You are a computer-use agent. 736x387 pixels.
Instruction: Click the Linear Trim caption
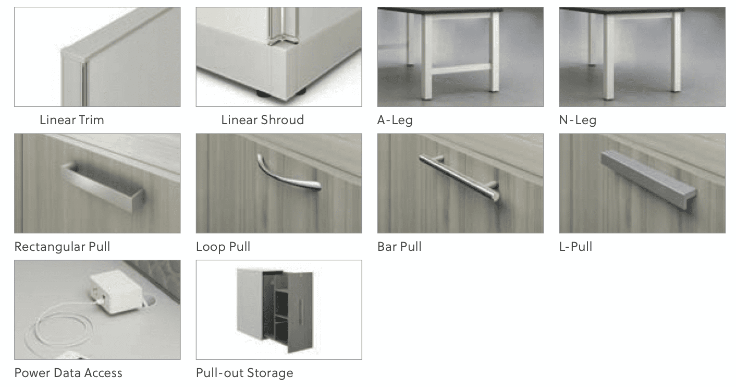[71, 120]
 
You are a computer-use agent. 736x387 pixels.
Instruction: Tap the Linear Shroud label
[263, 120]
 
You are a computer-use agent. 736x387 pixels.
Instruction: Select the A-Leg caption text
[395, 120]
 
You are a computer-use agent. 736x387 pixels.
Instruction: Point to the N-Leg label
[578, 120]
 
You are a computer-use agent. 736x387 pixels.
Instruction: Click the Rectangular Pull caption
[62, 247]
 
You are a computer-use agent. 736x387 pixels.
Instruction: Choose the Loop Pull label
[223, 247]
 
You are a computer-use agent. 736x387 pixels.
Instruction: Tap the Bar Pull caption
[399, 247]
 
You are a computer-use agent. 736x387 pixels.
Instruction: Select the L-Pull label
[575, 247]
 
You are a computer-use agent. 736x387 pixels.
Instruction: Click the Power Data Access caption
[68, 373]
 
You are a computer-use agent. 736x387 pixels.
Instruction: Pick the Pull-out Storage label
[244, 373]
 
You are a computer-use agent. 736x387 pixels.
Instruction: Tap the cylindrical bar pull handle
[460, 177]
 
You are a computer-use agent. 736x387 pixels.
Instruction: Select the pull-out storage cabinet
[275, 310]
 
